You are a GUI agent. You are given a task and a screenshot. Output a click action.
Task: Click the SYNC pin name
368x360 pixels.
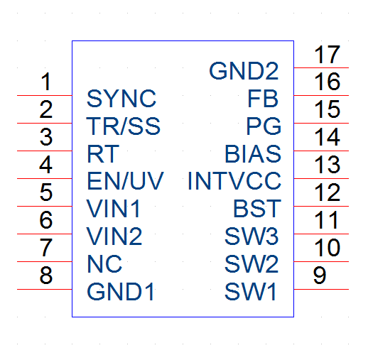(121, 98)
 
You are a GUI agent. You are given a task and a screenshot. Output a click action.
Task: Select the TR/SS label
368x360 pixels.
(123, 126)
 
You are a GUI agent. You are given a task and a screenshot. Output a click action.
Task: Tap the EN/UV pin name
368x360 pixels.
(125, 181)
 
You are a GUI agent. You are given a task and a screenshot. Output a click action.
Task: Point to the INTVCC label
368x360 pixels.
(234, 181)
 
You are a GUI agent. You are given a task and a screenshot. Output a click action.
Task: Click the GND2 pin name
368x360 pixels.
(244, 70)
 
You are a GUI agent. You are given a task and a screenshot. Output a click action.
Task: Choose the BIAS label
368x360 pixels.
(253, 153)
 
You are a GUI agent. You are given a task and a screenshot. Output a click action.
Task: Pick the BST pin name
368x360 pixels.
(257, 208)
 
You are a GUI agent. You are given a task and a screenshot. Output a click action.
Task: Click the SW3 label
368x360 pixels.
(251, 236)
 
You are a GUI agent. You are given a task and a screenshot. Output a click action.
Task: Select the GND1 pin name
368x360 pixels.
(121, 291)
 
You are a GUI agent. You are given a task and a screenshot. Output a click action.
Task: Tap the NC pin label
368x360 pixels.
(104, 263)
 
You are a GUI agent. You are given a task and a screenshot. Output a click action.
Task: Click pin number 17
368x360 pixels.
(328, 55)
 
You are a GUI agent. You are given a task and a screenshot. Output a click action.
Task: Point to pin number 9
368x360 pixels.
(320, 275)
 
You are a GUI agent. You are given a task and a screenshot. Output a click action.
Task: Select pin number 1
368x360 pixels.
(46, 82)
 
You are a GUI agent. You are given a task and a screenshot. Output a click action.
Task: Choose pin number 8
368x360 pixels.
(46, 275)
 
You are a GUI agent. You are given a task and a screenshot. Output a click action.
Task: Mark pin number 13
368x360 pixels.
(328, 165)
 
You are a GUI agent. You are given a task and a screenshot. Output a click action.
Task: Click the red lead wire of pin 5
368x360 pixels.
(45, 206)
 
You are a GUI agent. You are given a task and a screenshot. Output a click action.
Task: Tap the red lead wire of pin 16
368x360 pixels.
(321, 95)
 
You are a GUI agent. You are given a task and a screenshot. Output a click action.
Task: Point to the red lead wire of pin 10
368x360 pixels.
(321, 261)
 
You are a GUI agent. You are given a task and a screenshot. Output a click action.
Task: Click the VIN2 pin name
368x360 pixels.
(114, 236)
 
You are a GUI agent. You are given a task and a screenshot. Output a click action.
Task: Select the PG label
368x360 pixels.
(264, 126)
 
